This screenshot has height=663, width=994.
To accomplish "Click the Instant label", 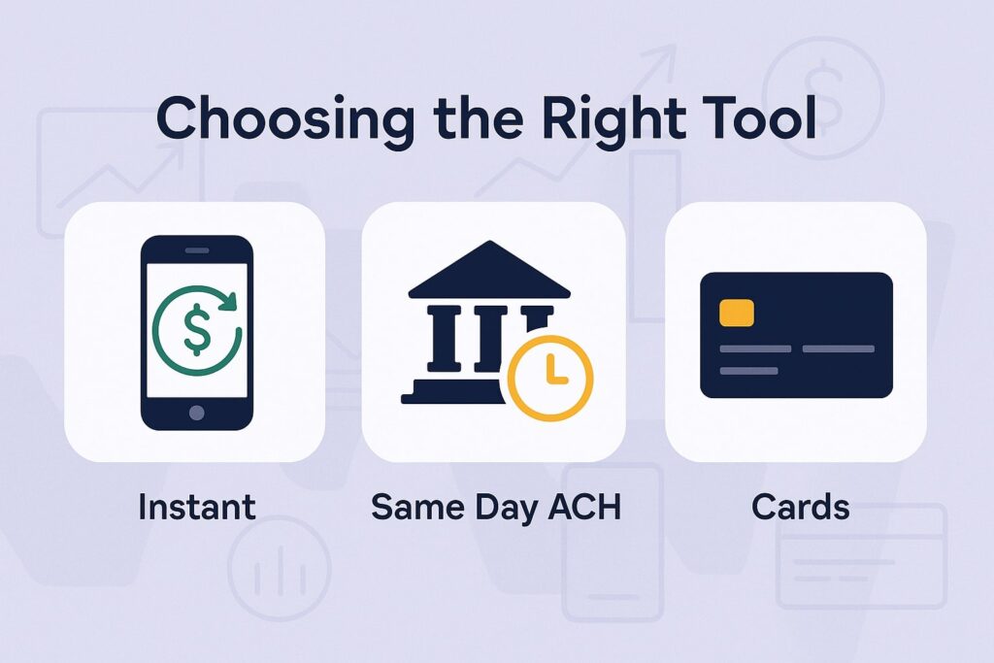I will coord(196,506).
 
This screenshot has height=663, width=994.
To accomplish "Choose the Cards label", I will coord(800,506).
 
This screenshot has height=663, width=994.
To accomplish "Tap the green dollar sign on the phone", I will coord(197,331).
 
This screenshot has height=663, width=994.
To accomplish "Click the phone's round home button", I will coord(197,412).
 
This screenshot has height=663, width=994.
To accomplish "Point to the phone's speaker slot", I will coord(197,249).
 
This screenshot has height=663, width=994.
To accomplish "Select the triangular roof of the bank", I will coord(488,270).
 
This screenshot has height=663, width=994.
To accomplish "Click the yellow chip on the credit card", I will coord(737,313).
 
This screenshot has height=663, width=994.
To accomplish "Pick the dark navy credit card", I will coord(796,335).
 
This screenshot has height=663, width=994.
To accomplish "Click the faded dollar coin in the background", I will coord(823,83).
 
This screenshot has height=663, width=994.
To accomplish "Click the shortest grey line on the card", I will coord(748,370).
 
